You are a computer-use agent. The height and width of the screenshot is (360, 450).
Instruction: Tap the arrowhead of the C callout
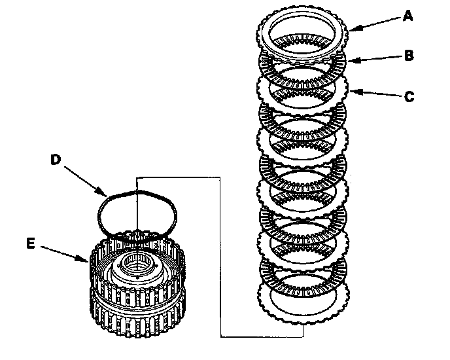[x=351, y=92]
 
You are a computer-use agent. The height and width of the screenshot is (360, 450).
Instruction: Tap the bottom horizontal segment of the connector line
[x=262, y=337]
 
